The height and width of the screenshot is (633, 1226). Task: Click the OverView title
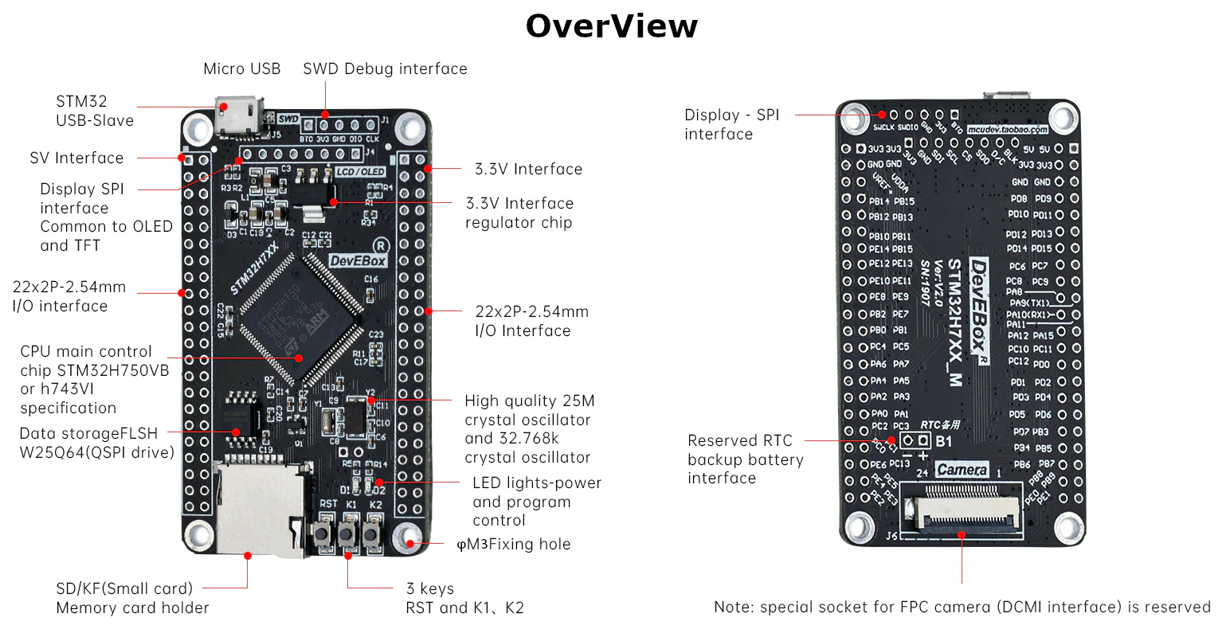click(611, 26)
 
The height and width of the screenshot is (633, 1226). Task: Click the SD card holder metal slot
click(255, 510)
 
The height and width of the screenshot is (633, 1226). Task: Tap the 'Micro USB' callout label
click(241, 69)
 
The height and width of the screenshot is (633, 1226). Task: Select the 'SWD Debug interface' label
click(385, 69)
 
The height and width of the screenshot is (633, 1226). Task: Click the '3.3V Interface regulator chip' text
click(519, 213)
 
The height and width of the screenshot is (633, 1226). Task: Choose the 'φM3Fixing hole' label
click(513, 545)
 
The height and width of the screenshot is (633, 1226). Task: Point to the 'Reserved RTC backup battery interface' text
click(745, 459)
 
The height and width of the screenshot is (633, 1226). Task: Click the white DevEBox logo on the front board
click(358, 260)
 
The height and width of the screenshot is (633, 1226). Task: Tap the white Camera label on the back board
click(962, 470)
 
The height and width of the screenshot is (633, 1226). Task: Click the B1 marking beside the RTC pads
click(943, 441)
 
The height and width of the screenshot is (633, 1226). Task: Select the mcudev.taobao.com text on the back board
click(1007, 129)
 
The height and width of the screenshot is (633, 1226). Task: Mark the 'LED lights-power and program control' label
click(536, 502)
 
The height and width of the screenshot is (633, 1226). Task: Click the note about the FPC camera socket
click(962, 608)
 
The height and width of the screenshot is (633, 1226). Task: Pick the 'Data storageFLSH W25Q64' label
click(96, 443)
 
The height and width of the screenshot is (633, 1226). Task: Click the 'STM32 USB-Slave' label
click(94, 111)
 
